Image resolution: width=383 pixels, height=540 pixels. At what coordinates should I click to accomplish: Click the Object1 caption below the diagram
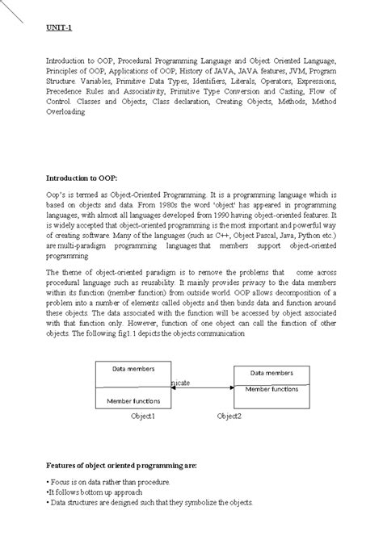(143, 416)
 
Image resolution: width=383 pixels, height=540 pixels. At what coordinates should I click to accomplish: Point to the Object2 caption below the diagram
(229, 416)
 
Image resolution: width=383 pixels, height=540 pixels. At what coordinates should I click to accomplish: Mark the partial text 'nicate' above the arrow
(180, 382)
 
